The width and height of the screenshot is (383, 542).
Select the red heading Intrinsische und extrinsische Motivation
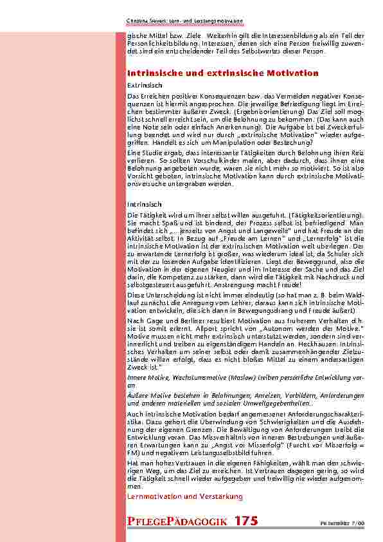223,73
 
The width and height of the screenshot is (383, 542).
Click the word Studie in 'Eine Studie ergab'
150,152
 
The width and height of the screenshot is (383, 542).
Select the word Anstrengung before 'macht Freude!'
203,283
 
